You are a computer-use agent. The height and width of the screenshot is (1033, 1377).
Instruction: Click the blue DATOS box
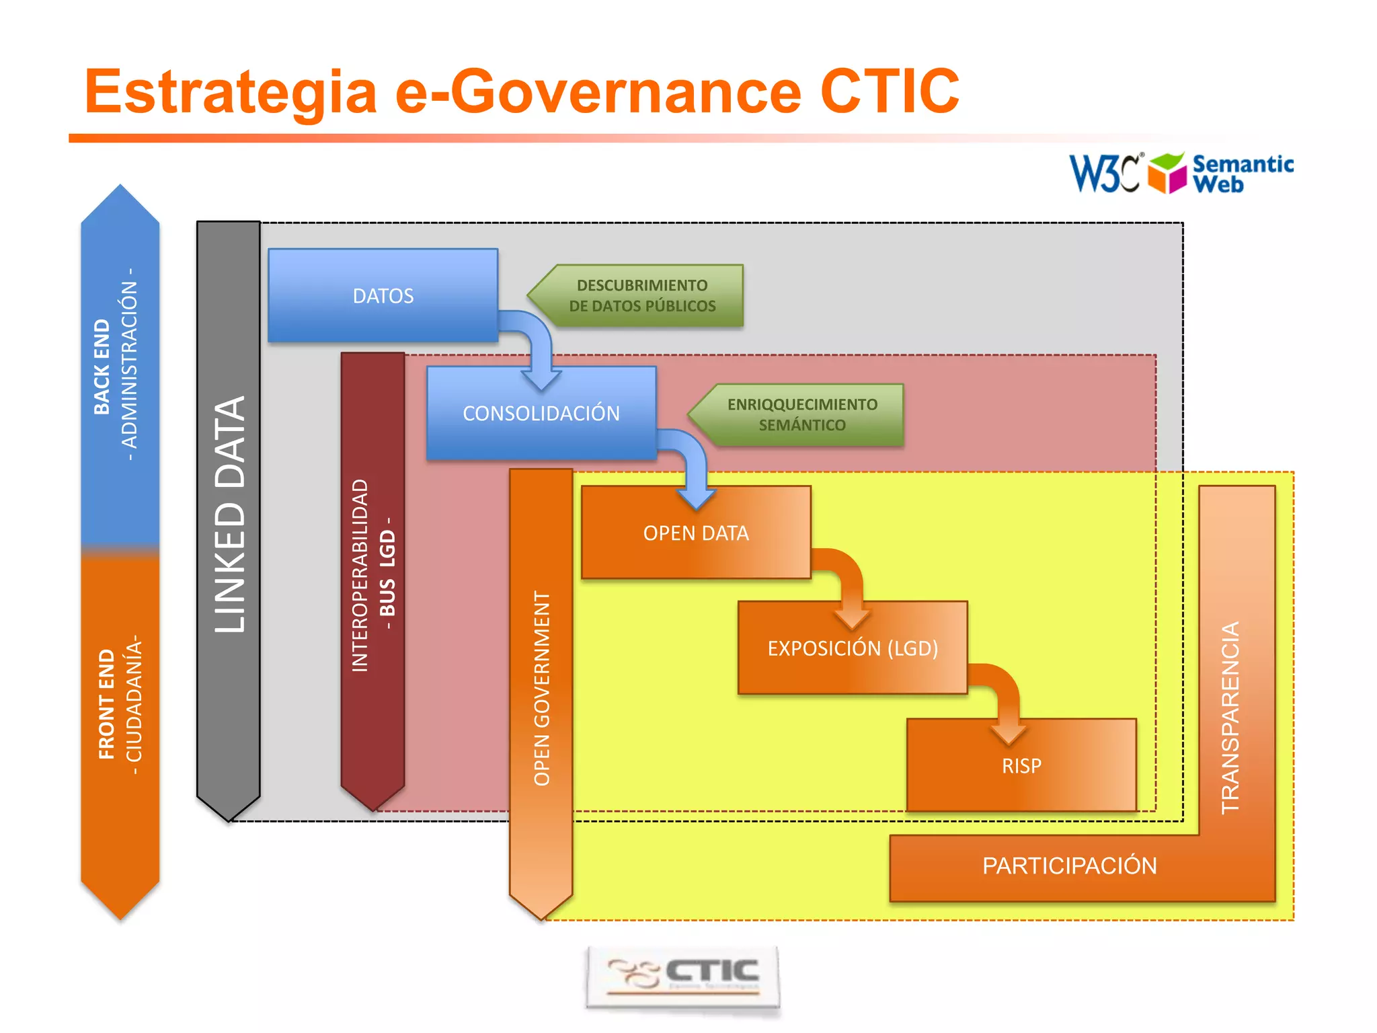coord(383,296)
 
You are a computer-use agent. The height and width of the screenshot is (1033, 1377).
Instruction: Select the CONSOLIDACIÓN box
coord(541,413)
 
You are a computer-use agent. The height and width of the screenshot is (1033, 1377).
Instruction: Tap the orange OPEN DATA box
coord(695,533)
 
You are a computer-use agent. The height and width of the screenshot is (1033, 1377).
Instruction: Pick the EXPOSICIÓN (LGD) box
coord(852,648)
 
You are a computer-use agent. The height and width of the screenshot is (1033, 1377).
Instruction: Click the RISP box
coord(1021,765)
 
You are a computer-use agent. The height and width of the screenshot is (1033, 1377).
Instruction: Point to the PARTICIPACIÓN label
coord(1069,866)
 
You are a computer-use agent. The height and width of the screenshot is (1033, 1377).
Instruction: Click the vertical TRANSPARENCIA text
coord(1230,718)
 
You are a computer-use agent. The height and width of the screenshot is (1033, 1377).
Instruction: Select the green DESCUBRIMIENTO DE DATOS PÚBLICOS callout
coord(641,296)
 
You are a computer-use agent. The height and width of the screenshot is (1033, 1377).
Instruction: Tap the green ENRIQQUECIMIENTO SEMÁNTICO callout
coord(801,415)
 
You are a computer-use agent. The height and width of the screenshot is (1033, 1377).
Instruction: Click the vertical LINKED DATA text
coord(230,514)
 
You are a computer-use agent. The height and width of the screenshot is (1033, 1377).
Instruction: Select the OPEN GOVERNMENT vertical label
coord(542,688)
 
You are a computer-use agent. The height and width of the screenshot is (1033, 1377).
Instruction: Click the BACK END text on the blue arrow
coord(102,367)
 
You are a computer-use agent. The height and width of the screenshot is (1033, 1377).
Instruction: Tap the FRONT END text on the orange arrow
coord(107,704)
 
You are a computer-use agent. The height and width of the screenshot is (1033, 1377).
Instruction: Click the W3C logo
coord(1105,174)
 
